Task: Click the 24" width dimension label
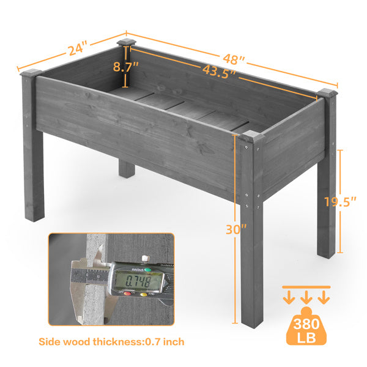78,48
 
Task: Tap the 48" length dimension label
234,59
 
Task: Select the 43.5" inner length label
220,72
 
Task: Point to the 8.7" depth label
125,67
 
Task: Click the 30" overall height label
236,229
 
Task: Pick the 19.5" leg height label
340,202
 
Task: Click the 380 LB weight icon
306,326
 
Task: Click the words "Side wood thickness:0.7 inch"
111,342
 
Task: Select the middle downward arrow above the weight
306,297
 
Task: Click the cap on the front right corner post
252,136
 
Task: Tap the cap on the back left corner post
127,43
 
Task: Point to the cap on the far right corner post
327,93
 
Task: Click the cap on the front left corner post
31,73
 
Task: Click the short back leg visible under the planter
127,169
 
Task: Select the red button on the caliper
127,294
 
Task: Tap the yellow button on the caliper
144,295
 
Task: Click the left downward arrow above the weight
289,297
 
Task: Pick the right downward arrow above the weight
324,297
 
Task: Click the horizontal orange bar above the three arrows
306,287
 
